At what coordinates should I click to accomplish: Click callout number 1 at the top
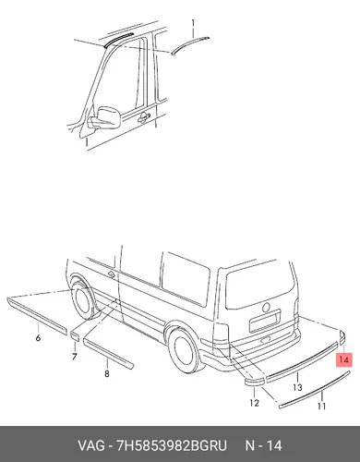pyautogui.click(x=193, y=23)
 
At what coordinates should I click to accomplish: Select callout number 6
pyautogui.click(x=38, y=338)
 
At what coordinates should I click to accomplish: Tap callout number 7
pyautogui.click(x=75, y=357)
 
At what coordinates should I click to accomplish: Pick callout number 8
pyautogui.click(x=107, y=373)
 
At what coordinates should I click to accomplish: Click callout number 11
pyautogui.click(x=321, y=407)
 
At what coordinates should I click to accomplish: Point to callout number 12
pyautogui.click(x=254, y=403)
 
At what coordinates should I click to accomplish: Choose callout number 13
pyautogui.click(x=297, y=387)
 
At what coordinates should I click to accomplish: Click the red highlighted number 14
pyautogui.click(x=344, y=359)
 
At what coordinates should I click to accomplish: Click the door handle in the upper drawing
pyautogui.click(x=144, y=117)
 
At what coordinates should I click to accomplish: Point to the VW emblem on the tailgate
pyautogui.click(x=266, y=307)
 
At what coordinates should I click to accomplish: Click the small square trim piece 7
pyautogui.click(x=75, y=336)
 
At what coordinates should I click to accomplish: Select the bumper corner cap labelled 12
pyautogui.click(x=255, y=382)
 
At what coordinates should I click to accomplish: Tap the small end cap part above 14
pyautogui.click(x=342, y=337)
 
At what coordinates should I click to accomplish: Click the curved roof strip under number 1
pyautogui.click(x=190, y=44)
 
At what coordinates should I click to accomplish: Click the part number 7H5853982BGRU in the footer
pyautogui.click(x=171, y=445)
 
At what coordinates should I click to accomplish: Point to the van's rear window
pyautogui.click(x=261, y=287)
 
